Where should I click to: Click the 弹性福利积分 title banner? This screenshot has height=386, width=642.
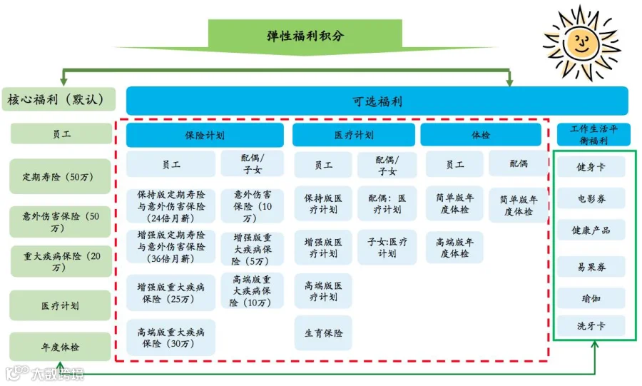pos(306,35)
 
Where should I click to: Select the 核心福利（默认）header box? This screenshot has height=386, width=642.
pos(61,100)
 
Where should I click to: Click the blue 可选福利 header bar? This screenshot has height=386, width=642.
pos(377,101)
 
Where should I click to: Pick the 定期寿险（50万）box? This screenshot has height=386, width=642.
pos(61,176)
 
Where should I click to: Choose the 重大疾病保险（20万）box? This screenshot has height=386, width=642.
pos(61,262)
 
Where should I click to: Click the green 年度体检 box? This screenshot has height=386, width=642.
pos(61,347)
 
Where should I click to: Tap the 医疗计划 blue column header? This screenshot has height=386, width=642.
pos(353,135)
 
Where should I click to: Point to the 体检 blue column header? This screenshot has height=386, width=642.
pos(481,135)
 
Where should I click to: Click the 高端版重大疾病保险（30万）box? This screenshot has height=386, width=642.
pos(171,337)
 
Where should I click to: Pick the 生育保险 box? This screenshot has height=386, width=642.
pos(323,333)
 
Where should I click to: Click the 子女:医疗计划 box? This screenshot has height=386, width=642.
pos(387,247)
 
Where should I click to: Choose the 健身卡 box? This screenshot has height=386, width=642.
pos(591,168)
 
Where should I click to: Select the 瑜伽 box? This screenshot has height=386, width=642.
pos(591,298)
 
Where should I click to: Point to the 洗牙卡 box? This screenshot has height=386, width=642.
pos(591,326)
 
